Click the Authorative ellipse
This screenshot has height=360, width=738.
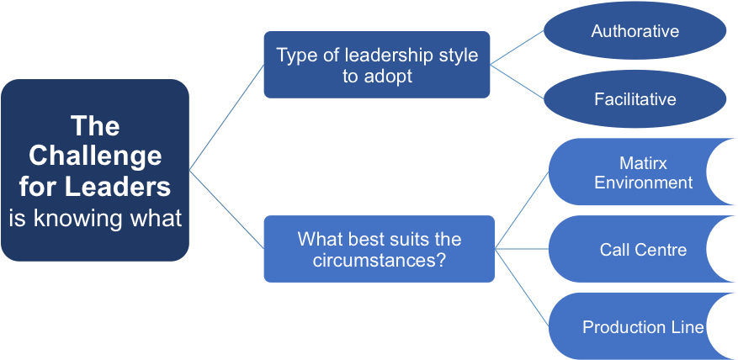coord(635,30)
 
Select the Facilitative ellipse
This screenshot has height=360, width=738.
coord(635,98)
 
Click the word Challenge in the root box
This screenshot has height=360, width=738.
coord(95,156)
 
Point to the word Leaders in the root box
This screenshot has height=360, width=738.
coord(118,187)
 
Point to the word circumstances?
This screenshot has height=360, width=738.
coord(379,260)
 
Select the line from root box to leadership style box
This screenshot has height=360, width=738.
coord(226,117)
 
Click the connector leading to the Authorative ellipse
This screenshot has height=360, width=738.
coord(517,47)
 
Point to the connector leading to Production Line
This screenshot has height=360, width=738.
coord(522,288)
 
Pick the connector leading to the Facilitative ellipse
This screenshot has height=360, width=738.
coord(517,82)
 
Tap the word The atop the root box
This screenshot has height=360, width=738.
coord(96,125)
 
